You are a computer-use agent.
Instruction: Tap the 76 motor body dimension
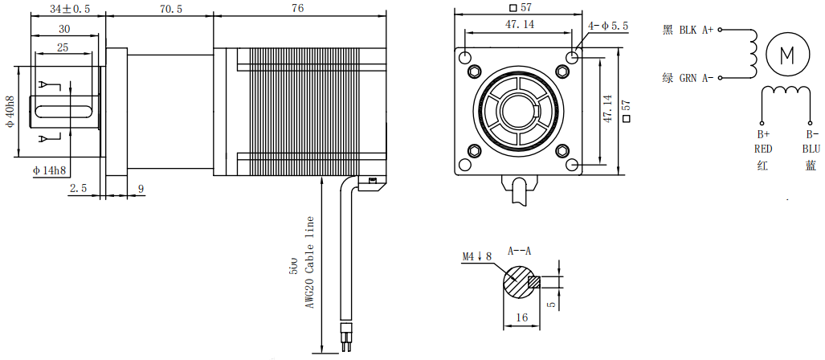(x=296, y=9)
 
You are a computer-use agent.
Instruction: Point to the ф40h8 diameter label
(x=10, y=112)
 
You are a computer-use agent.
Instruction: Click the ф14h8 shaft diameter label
(x=50, y=170)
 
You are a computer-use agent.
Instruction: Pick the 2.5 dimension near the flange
(x=78, y=188)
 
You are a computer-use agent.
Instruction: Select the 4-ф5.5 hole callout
(x=608, y=27)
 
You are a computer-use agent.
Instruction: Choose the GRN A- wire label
(x=688, y=78)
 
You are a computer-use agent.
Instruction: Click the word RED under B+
(x=763, y=149)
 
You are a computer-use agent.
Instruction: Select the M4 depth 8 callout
(x=476, y=256)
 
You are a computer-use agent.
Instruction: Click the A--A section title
(x=520, y=251)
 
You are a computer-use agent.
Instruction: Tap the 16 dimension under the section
(x=521, y=317)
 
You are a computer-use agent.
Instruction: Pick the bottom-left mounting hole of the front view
(x=465, y=165)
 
